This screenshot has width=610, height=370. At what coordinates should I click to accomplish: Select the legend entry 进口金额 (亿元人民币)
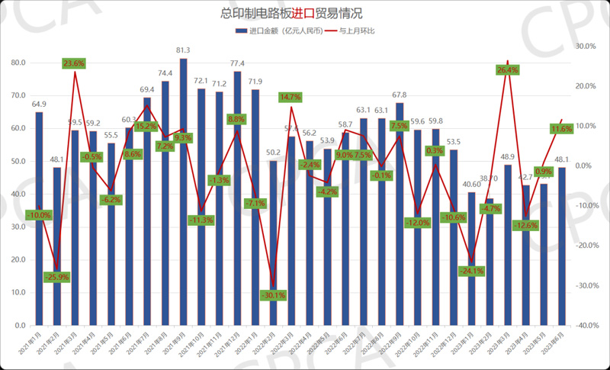tap(278, 31)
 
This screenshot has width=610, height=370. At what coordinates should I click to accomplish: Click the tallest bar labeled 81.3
tap(183, 191)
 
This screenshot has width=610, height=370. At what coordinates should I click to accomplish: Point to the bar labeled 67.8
tap(400, 214)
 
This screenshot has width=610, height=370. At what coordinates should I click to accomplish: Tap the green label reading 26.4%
tap(508, 70)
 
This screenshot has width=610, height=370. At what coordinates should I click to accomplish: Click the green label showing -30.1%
tap(272, 295)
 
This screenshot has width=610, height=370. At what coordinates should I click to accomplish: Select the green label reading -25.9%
tap(56, 276)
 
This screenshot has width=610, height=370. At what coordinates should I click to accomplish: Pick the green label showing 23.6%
tap(74, 63)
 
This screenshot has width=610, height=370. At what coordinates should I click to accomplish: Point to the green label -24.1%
tap(471, 271)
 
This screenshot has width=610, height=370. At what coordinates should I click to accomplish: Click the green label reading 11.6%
tap(561, 129)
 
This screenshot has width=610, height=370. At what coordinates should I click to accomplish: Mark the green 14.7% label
tap(291, 98)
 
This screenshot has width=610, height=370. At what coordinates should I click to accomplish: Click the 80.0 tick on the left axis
tap(17, 63)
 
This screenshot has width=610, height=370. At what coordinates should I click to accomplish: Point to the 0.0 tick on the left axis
tap(19, 326)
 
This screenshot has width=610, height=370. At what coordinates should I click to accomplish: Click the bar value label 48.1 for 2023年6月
tap(562, 159)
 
